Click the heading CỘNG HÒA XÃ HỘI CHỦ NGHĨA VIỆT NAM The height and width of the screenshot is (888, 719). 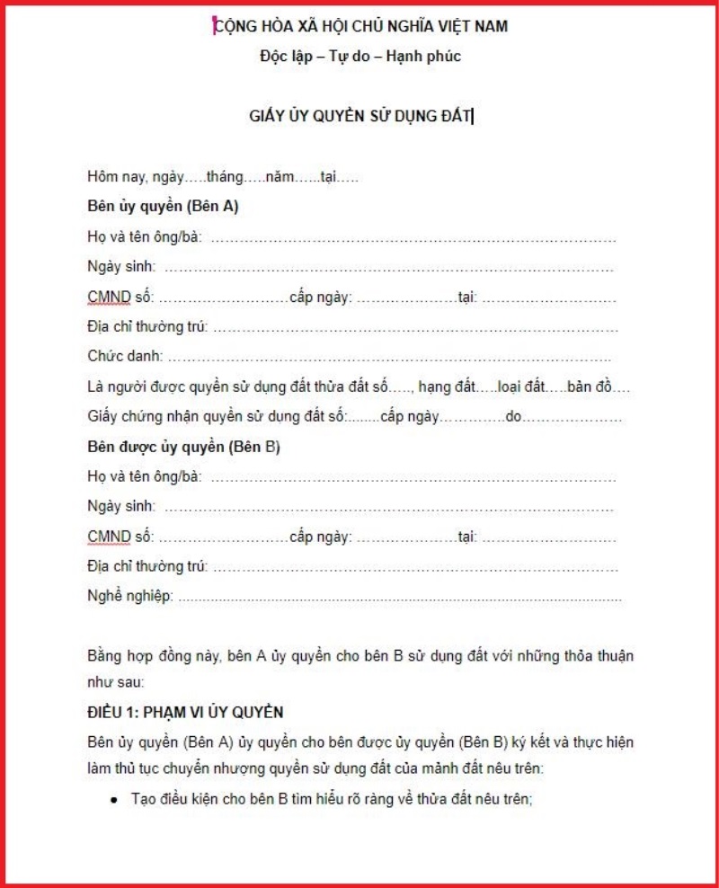tap(360, 26)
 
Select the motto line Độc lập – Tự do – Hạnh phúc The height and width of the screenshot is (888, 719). tap(360, 56)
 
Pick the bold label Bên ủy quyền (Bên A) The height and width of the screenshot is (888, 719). tap(163, 207)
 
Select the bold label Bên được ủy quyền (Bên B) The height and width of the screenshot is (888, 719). tap(184, 447)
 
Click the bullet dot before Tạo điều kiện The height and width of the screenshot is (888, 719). tap(115, 798)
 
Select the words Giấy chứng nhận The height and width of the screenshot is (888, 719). tap(139, 417)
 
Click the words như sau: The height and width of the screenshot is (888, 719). tap(115, 681)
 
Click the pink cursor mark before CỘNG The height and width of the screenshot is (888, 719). tap(214, 26)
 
